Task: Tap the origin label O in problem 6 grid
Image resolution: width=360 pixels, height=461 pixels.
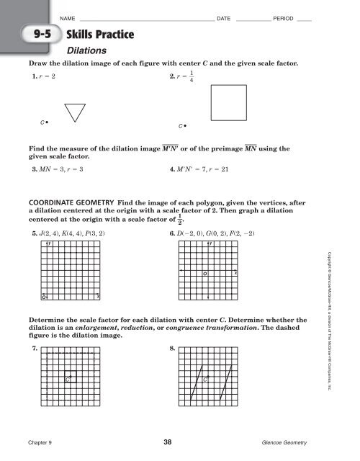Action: [x=204, y=254]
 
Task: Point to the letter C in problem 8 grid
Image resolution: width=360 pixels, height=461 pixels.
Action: [x=206, y=379]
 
